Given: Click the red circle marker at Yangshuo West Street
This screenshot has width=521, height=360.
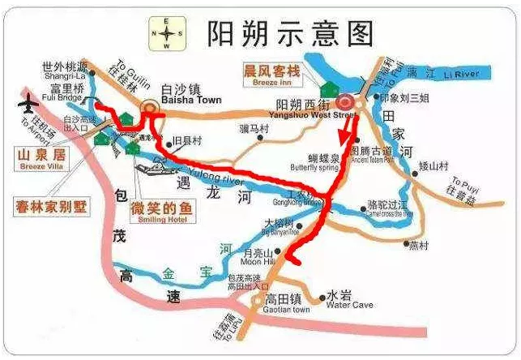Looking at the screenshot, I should coord(346,102).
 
